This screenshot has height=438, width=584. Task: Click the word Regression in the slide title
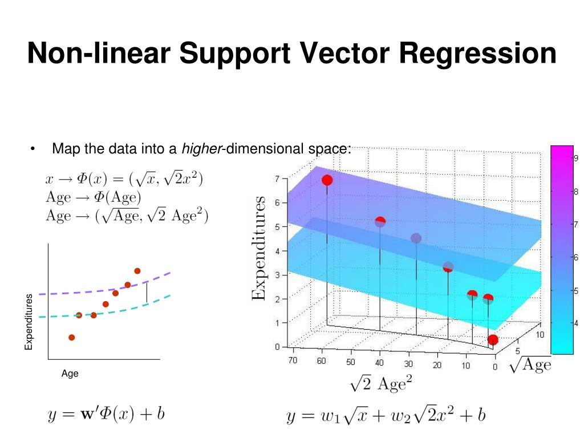click(477, 53)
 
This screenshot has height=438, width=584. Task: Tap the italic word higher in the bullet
click(201, 149)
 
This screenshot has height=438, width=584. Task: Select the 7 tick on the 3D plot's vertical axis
click(277, 179)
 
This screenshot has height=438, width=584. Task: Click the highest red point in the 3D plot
click(327, 180)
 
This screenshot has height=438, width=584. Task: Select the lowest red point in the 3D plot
click(493, 340)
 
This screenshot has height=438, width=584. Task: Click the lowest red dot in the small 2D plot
click(71, 337)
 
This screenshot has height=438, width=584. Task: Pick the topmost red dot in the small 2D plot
click(137, 271)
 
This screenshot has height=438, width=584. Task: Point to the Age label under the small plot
click(70, 374)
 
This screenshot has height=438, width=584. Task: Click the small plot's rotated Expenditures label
click(29, 322)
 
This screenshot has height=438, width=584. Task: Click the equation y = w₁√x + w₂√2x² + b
click(386, 416)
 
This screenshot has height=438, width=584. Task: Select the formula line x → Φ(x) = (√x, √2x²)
click(124, 179)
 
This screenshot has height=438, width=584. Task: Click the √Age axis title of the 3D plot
click(530, 364)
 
